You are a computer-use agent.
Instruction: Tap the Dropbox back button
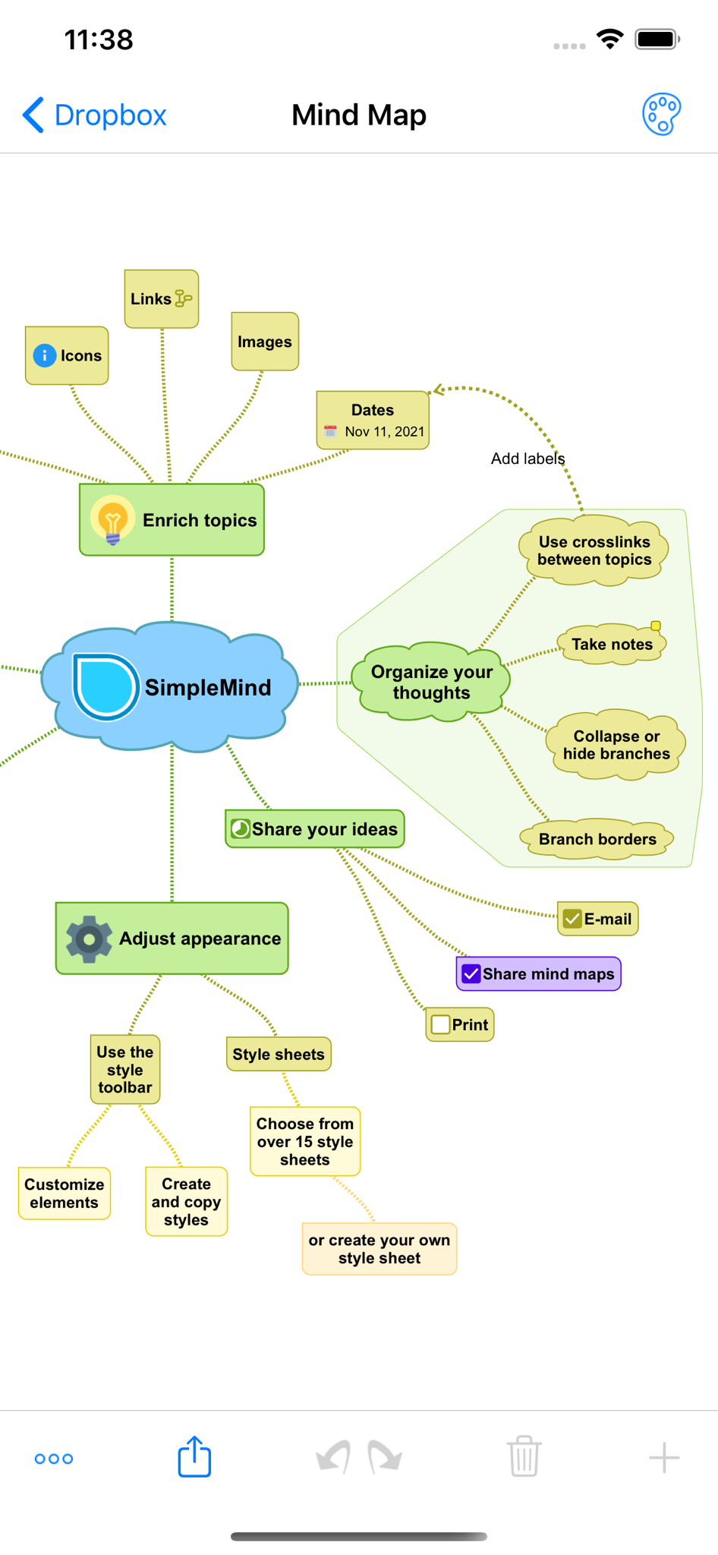(94, 115)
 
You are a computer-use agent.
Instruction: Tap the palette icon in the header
(662, 115)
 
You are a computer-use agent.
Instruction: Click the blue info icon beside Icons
(45, 355)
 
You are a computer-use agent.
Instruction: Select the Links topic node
(162, 299)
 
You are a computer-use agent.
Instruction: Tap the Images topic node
(265, 342)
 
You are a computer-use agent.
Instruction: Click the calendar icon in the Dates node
(330, 431)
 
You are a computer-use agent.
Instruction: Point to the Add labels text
(527, 459)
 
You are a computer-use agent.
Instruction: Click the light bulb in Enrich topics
(113, 521)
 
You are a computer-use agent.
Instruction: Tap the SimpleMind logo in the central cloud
(105, 686)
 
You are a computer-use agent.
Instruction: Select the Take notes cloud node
(612, 645)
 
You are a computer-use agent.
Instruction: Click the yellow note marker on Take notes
(656, 626)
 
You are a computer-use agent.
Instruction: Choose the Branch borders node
(597, 839)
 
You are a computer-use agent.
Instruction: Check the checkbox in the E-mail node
(572, 919)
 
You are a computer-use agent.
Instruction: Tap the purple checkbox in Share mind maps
(471, 974)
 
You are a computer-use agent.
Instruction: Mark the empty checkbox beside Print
(440, 1025)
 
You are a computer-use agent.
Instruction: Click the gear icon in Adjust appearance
(89, 939)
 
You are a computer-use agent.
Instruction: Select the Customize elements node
(65, 1194)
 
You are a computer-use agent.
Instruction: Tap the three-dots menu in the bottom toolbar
(54, 1459)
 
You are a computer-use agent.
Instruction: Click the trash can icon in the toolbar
(524, 1456)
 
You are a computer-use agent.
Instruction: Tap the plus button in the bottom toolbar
(664, 1458)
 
